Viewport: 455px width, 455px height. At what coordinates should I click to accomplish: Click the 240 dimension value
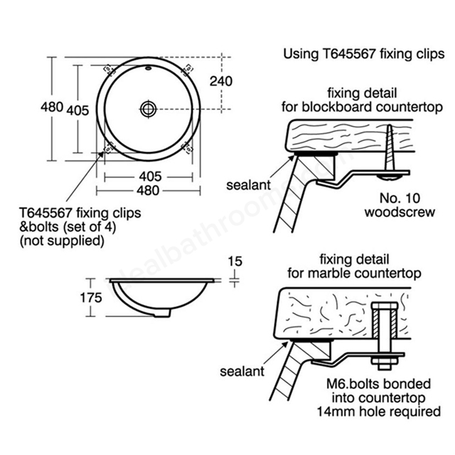(x=221, y=81)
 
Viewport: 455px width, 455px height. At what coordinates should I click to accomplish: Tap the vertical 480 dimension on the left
(x=52, y=107)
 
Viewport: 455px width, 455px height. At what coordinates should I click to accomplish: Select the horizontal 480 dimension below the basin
(x=148, y=191)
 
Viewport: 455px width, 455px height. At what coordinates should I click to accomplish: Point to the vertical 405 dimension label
(x=77, y=111)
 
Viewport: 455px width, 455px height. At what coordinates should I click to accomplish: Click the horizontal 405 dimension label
(x=150, y=176)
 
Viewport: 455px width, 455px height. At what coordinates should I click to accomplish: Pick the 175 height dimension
(x=91, y=298)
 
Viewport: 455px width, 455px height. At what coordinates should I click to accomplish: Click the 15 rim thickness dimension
(x=235, y=262)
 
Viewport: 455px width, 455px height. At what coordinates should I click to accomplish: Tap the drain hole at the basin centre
(x=149, y=109)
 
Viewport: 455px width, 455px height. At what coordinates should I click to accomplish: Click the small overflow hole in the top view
(x=148, y=68)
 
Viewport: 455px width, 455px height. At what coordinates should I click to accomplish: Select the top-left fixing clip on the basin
(x=108, y=69)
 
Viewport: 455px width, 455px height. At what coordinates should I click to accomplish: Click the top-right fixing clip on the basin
(x=188, y=69)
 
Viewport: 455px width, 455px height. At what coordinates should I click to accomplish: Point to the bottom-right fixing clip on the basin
(x=188, y=149)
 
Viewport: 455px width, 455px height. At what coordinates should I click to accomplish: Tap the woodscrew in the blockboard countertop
(x=390, y=151)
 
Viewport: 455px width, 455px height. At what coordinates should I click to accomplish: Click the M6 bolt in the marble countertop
(x=385, y=336)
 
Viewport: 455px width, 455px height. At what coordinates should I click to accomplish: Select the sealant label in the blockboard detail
(x=248, y=185)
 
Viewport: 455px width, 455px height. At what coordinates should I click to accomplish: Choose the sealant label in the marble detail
(x=242, y=371)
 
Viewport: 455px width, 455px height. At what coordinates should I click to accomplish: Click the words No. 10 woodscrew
(x=400, y=205)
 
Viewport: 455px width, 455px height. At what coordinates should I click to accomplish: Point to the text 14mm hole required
(x=379, y=412)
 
